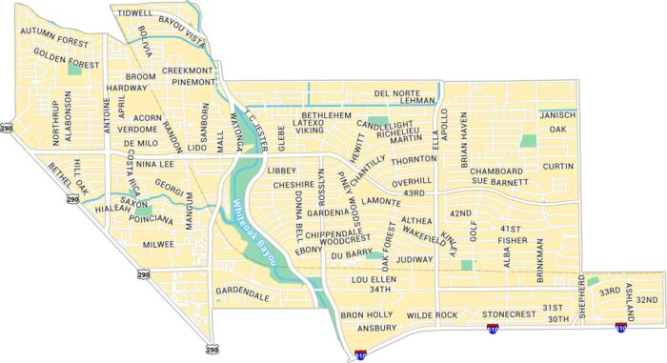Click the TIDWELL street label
[x=135, y=13]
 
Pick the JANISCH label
[x=557, y=114]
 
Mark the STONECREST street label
[x=510, y=313]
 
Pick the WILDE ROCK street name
[x=433, y=314]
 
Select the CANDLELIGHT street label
[x=386, y=125]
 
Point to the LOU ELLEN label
[x=374, y=279]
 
